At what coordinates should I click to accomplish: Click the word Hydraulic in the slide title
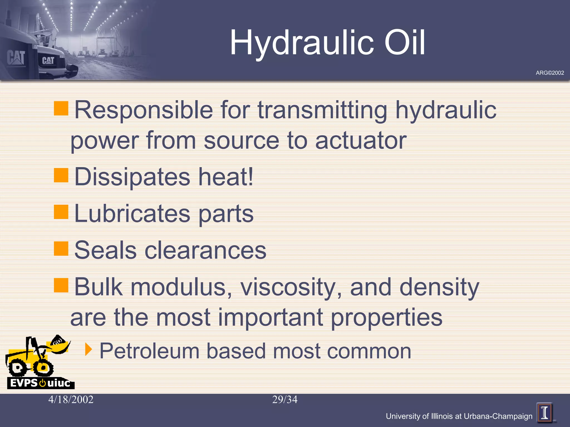302,43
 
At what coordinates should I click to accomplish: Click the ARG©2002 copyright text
550,73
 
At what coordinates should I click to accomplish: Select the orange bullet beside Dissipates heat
61,175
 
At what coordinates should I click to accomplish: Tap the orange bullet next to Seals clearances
61,248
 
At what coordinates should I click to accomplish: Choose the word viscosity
291,287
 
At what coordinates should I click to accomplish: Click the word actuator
361,140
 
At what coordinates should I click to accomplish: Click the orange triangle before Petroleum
88,349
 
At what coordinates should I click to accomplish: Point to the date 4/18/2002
71,400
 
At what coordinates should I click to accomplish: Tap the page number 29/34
285,400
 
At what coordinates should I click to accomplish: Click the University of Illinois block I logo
545,413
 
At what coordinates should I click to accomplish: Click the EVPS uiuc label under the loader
40,383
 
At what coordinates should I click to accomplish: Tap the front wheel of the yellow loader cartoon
43,368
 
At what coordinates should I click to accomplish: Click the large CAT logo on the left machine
16,58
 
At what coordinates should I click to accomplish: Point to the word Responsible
144,110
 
